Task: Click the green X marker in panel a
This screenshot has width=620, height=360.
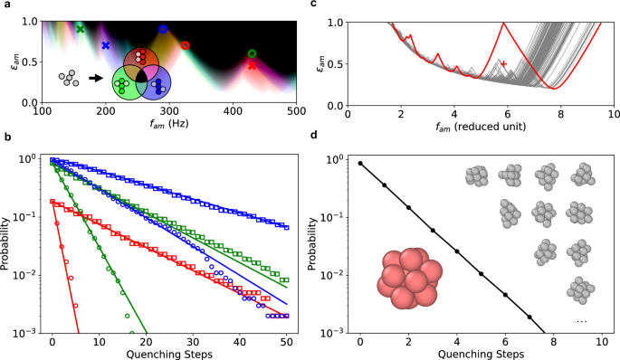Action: tap(80, 29)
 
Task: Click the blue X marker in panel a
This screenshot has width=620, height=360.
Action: tap(106, 45)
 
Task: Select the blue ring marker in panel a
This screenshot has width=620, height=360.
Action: tap(163, 30)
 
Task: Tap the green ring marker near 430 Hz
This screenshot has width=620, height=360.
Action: tap(252, 54)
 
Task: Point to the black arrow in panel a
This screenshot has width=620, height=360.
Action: tap(95, 79)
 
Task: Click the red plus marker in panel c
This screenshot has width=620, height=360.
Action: tap(505, 64)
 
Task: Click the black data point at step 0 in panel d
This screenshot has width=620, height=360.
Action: tap(361, 164)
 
